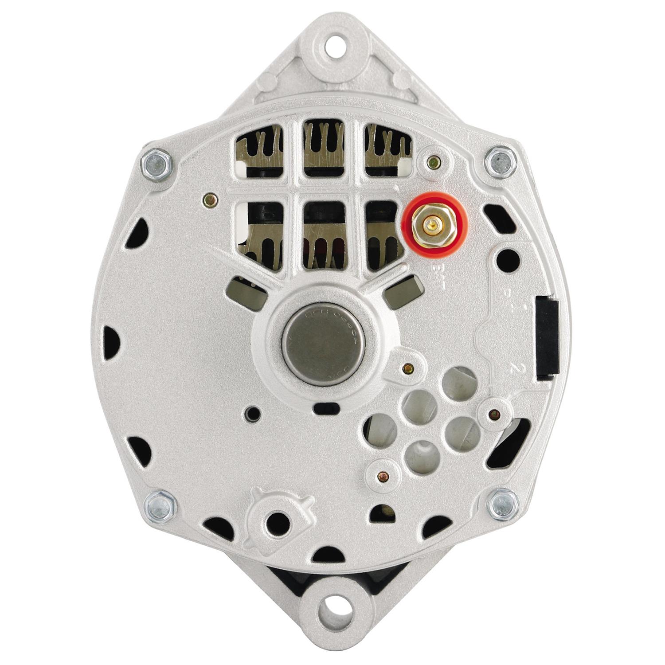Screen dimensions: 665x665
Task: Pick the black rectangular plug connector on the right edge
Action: pyautogui.click(x=547, y=339)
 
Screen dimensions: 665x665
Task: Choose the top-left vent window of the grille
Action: pyautogui.click(x=260, y=151)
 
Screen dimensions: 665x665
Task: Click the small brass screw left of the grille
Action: pyautogui.click(x=210, y=200)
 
